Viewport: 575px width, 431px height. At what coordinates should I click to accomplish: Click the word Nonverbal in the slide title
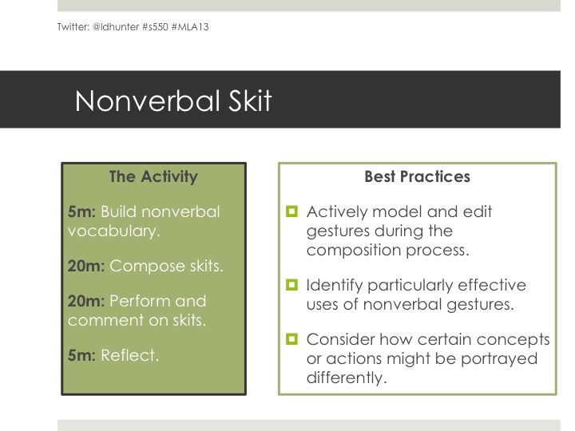[x=148, y=101]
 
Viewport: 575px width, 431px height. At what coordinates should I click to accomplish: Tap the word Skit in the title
[x=250, y=101]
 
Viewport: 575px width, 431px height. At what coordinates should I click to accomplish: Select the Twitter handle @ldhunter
[x=116, y=27]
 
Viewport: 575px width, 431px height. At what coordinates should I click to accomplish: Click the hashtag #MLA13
[x=190, y=27]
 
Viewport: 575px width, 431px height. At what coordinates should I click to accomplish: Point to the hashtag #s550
[x=155, y=27]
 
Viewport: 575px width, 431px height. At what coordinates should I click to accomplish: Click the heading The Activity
[x=153, y=176]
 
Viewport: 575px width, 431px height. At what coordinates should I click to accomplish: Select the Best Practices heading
[x=418, y=176]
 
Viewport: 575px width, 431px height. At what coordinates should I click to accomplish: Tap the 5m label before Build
[x=81, y=212]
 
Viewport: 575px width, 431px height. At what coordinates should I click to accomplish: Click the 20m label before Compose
[x=86, y=266]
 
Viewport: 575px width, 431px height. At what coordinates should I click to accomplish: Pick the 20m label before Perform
[x=86, y=301]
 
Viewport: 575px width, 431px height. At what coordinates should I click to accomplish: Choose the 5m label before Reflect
[x=81, y=355]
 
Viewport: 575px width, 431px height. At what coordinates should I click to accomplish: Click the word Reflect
[x=130, y=355]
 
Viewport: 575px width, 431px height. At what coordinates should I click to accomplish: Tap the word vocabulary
[x=114, y=231]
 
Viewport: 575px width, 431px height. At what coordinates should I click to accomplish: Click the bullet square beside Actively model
[x=292, y=212]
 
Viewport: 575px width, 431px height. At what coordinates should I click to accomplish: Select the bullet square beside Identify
[x=292, y=285]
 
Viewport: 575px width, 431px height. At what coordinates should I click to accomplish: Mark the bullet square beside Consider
[x=292, y=339]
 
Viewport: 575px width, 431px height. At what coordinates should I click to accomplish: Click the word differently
[x=347, y=378]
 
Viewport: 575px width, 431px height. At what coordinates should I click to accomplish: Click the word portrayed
[x=499, y=359]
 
